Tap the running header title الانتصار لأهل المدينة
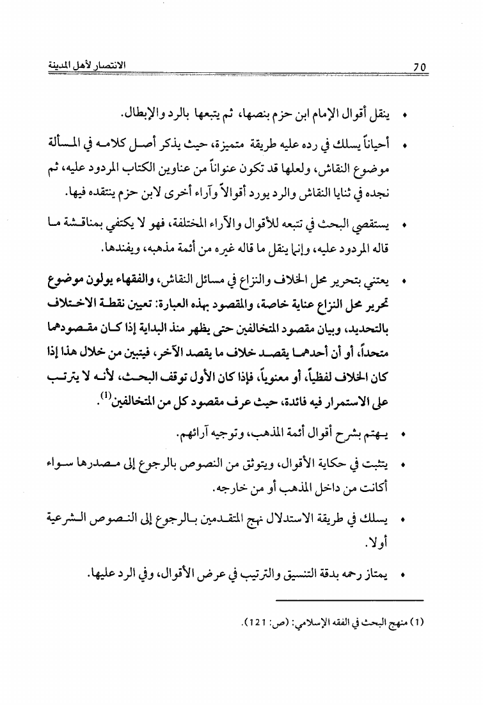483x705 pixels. tap(98, 65)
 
